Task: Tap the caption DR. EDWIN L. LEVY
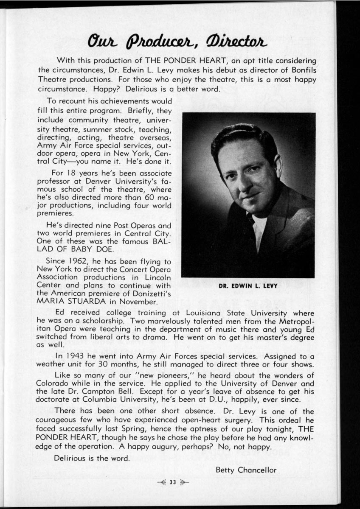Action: [x=248, y=285]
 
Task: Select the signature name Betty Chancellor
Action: [x=246, y=470]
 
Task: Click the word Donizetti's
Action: [x=154, y=293]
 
